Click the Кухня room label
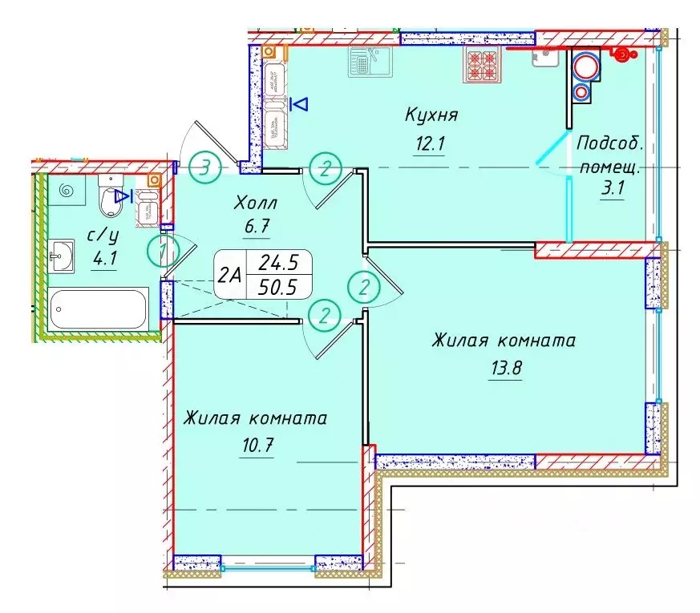click(431, 115)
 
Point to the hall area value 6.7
click(256, 227)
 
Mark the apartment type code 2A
click(230, 275)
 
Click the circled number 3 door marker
click(207, 168)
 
